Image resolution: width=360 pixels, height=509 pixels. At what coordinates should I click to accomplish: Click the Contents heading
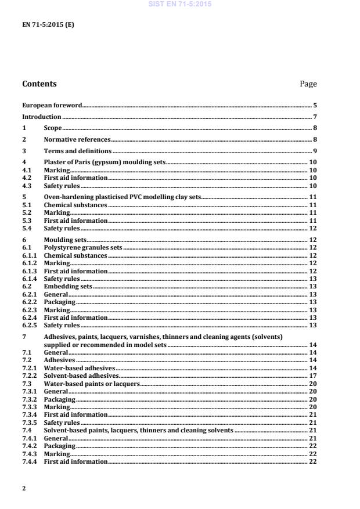pos(39,84)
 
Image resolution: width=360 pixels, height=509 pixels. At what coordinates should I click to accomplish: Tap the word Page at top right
pos(308,84)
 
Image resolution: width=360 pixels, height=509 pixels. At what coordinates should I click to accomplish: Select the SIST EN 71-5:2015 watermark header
pos(180,4)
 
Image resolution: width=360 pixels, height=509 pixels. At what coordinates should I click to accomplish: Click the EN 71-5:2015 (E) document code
pos(48,25)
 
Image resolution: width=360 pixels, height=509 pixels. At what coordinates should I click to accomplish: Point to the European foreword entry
pos(52,106)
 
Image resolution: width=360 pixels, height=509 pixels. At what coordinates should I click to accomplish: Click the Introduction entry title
pos(42,117)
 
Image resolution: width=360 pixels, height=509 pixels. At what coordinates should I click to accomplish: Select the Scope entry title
pos(53,128)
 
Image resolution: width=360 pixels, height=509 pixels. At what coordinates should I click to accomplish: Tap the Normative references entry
pos(77,139)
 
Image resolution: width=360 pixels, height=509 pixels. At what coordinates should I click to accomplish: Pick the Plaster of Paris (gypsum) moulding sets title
pos(105,162)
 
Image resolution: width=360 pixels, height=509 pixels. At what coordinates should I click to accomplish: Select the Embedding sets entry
pos(68,286)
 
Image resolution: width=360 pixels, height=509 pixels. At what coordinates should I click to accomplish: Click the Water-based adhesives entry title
pos(80,368)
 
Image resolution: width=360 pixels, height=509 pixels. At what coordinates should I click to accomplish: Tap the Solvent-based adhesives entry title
pos(81,376)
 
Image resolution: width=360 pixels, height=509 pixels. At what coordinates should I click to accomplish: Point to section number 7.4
pos(26,431)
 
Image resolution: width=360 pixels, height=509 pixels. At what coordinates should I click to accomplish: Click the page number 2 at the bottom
pos(24,489)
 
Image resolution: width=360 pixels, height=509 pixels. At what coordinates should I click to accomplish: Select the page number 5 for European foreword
pos(315,106)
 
